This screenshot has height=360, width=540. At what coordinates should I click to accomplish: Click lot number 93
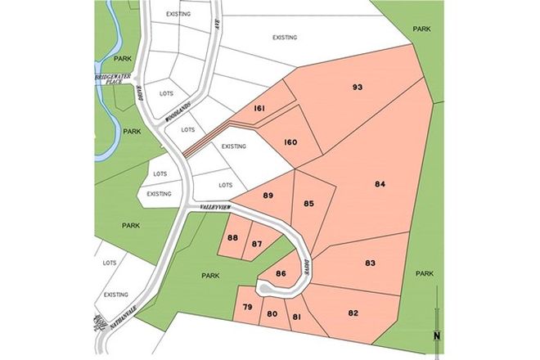pyautogui.click(x=357, y=88)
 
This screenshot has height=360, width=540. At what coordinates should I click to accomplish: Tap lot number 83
pyautogui.click(x=370, y=263)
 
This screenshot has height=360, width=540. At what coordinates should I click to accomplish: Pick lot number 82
pyautogui.click(x=353, y=313)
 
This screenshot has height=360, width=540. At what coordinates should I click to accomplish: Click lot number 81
pyautogui.click(x=298, y=317)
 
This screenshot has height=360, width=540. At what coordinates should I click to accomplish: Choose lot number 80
pyautogui.click(x=272, y=313)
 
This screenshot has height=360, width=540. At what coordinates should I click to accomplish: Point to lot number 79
pyautogui.click(x=247, y=308)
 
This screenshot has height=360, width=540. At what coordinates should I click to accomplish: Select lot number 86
pyautogui.click(x=281, y=273)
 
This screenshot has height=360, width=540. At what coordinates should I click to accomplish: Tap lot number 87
pyautogui.click(x=256, y=244)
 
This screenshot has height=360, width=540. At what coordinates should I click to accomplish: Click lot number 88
pyautogui.click(x=232, y=238)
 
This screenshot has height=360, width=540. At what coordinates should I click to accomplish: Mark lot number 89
pyautogui.click(x=268, y=196)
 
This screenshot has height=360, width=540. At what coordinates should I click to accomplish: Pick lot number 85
pyautogui.click(x=308, y=203)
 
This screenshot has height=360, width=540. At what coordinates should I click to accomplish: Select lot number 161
pyautogui.click(x=259, y=109)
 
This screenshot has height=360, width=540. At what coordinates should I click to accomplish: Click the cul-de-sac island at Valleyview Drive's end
pyautogui.click(x=266, y=289)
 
